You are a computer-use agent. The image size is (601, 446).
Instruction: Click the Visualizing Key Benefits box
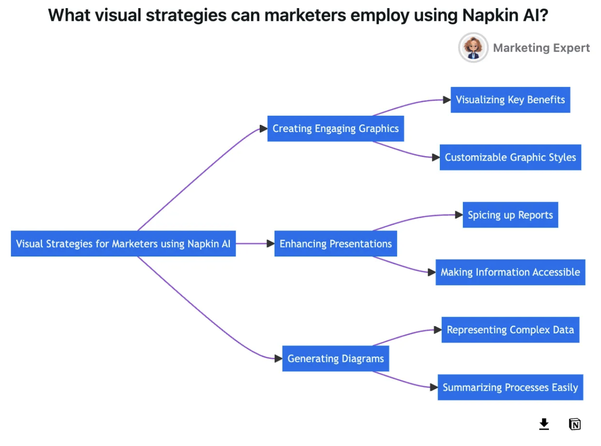(510, 100)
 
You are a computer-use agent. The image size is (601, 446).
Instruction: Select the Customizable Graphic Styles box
(510, 157)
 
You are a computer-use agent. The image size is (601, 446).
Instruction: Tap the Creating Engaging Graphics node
(335, 129)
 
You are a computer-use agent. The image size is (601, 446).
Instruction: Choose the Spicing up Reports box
(510, 215)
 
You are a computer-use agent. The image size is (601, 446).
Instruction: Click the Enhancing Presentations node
(335, 244)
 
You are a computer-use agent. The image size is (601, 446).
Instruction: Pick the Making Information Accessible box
(510, 272)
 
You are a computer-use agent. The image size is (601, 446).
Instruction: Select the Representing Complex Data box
(510, 330)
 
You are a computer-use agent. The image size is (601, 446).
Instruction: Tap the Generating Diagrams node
(335, 359)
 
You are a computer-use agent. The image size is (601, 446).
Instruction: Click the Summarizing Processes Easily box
(510, 387)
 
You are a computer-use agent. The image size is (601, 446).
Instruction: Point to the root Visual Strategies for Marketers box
(123, 244)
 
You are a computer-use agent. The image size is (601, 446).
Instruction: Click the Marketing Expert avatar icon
(473, 47)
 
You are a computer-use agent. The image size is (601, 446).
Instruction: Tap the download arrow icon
(544, 424)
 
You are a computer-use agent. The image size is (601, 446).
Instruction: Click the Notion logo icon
(575, 424)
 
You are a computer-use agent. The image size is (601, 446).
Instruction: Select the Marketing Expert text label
(541, 48)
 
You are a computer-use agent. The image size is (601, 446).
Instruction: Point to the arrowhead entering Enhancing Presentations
(271, 244)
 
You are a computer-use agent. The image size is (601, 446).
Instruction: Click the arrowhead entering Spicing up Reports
(459, 215)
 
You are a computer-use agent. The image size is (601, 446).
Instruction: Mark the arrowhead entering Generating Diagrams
(278, 359)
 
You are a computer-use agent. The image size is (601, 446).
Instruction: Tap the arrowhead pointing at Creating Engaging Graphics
(263, 129)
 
